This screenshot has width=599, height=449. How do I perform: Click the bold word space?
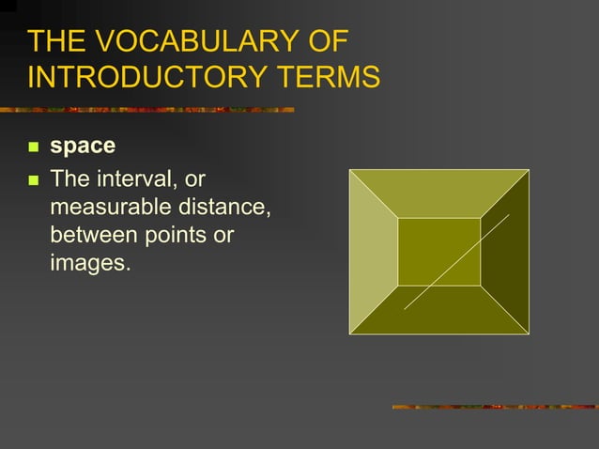[83, 147]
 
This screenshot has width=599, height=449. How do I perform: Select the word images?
[89, 262]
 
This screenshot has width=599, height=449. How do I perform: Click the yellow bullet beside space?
[34, 148]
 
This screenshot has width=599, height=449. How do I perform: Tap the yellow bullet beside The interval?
[34, 178]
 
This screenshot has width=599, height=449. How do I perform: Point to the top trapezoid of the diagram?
[438, 194]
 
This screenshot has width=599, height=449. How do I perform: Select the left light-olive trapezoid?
[373, 252]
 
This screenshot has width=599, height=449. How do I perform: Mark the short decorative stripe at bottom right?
[493, 407]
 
